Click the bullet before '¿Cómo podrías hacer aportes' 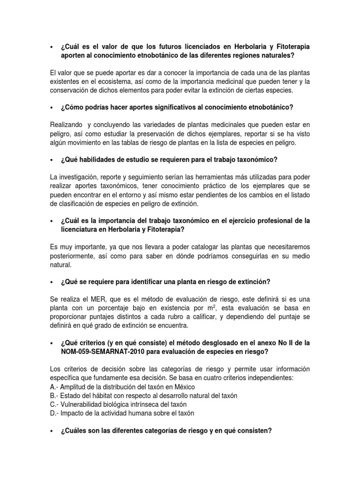[x=51, y=108]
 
